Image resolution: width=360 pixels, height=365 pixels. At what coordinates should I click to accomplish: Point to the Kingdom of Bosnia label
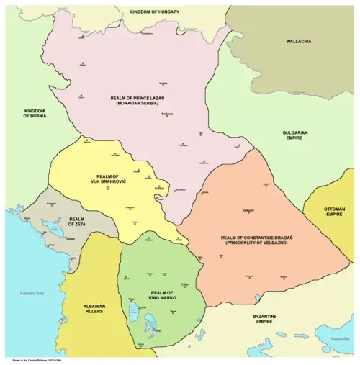(x=34, y=114)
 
